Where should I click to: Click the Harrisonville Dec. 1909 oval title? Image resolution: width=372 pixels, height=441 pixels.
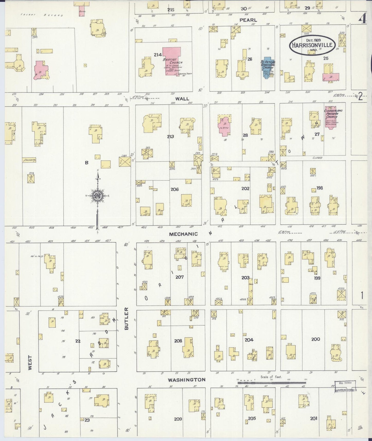click(x=313, y=45)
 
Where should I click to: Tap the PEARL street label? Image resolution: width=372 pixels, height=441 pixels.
click(x=248, y=20)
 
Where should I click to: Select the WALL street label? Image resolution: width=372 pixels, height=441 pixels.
click(x=182, y=99)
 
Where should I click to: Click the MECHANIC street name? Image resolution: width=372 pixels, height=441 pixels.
click(x=184, y=234)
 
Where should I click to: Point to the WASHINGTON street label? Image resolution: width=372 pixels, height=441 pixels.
click(x=187, y=380)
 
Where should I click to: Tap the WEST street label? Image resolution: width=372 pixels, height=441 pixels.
click(x=30, y=363)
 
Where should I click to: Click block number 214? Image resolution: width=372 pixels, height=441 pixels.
click(x=158, y=55)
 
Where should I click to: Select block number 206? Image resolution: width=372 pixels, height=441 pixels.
click(x=175, y=189)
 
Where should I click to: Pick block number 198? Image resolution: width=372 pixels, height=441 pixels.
click(x=319, y=188)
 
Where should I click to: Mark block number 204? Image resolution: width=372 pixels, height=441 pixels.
click(x=249, y=340)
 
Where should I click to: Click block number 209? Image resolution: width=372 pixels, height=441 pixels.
click(x=178, y=419)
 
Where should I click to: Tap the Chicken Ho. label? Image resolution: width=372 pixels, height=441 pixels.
click(x=29, y=160)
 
